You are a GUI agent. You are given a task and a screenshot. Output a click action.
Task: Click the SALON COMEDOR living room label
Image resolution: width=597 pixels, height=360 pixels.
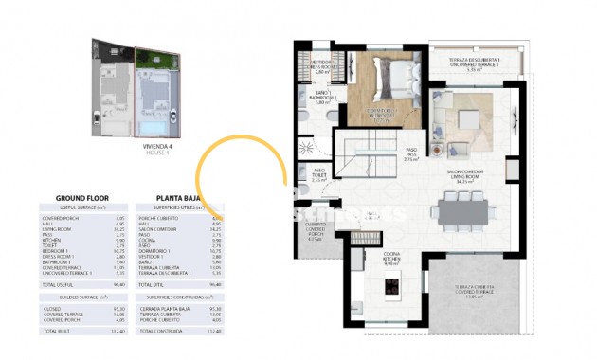tap(464, 176)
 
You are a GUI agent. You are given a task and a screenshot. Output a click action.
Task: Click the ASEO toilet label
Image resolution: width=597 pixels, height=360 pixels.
tap(319, 175)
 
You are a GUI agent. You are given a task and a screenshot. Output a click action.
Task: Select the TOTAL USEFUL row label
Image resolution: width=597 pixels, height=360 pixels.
tap(58, 283)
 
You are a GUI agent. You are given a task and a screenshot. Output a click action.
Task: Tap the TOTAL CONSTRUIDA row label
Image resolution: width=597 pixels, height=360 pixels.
tap(160, 331)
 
